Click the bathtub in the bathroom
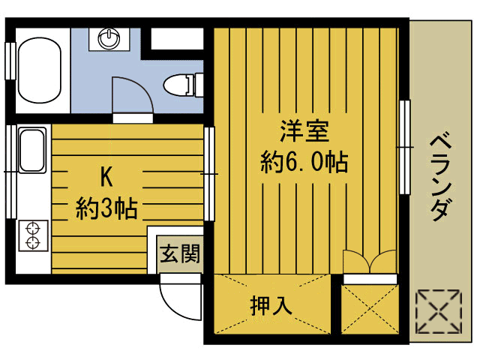[40, 70]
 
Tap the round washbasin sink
[109, 39]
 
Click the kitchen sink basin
[32, 150]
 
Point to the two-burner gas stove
[33, 235]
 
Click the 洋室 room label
[305, 131]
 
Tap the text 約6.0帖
[304, 161]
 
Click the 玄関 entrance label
[180, 253]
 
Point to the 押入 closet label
[271, 305]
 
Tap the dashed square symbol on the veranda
[439, 312]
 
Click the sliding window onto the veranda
[405, 147]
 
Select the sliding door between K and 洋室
[209, 174]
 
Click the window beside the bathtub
[10, 61]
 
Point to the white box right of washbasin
[177, 39]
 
